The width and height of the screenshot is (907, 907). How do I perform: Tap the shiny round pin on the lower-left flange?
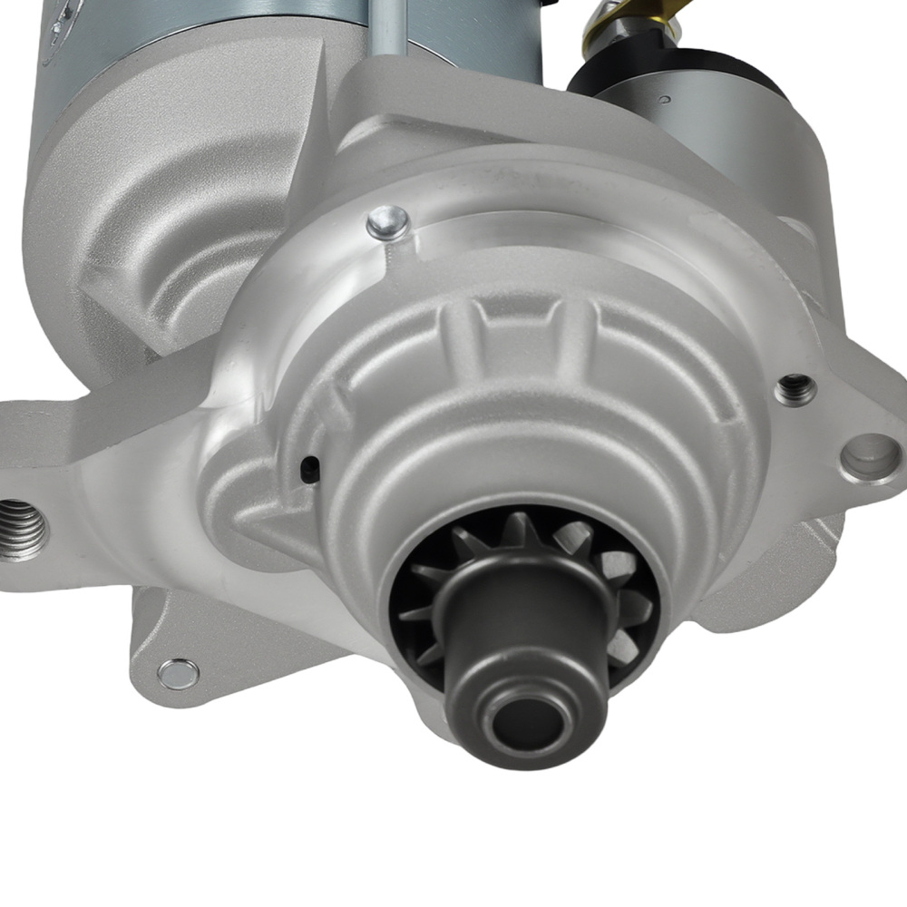point(178,674)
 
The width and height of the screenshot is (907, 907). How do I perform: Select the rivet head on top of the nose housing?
point(388,222)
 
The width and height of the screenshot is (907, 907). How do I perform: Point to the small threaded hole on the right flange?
point(795,389)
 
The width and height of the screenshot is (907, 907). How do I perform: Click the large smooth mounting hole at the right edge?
point(870,456)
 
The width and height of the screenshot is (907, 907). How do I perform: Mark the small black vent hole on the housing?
point(309,468)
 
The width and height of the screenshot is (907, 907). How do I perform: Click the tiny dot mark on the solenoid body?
point(666,98)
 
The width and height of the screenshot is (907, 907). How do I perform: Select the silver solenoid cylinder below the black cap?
point(726,136)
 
